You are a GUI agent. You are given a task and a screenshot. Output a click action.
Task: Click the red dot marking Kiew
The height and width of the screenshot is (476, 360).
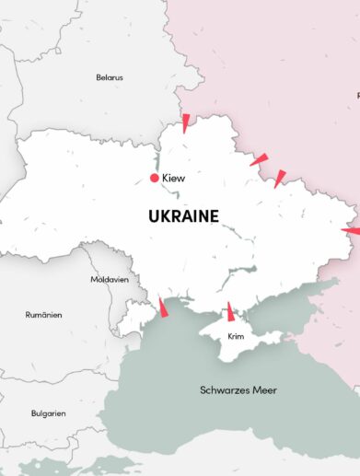[x=154, y=178]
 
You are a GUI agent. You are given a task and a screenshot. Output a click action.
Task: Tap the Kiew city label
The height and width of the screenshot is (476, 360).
[x=173, y=178]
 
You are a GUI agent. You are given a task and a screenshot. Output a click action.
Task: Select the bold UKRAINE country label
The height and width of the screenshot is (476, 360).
[x=183, y=216]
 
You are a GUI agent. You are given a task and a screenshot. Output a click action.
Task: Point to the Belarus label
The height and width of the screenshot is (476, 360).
[x=109, y=77]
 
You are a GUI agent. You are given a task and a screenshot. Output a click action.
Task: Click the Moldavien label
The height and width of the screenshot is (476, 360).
[x=109, y=279]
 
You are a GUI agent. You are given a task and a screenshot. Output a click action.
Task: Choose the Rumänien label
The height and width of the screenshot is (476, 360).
[x=43, y=315]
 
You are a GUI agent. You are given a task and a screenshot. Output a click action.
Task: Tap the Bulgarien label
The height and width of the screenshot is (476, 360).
[x=47, y=413]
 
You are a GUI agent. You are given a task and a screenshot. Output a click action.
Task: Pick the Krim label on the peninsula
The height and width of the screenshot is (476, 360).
[x=235, y=337]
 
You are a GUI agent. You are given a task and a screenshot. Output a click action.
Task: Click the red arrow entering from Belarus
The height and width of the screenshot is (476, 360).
[x=186, y=122]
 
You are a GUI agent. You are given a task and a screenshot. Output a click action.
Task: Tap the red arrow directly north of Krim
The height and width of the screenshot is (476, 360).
[x=231, y=311]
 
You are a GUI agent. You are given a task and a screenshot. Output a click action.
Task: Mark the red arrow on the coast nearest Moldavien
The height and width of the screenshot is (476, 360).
[x=163, y=308]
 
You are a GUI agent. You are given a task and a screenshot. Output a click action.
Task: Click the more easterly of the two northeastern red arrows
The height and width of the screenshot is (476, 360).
[x=280, y=177]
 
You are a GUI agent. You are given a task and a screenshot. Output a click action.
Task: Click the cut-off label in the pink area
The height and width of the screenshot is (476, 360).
[x=357, y=95]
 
